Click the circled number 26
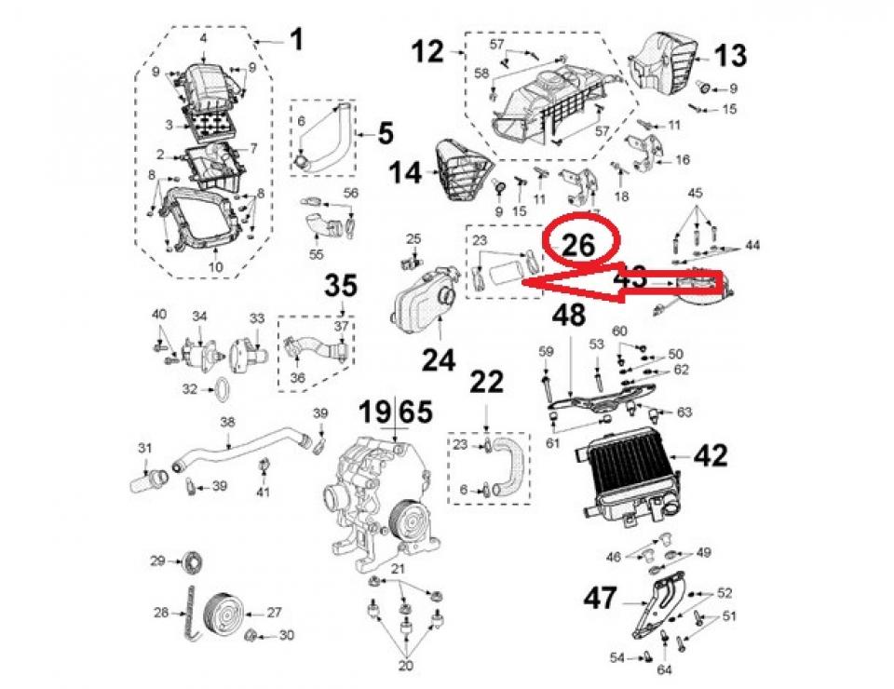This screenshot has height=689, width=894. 578,243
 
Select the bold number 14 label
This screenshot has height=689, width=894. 405,171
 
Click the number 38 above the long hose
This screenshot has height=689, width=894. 226,422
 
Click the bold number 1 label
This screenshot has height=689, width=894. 295,40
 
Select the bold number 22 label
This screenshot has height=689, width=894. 487,381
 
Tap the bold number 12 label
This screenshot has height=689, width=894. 429,53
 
